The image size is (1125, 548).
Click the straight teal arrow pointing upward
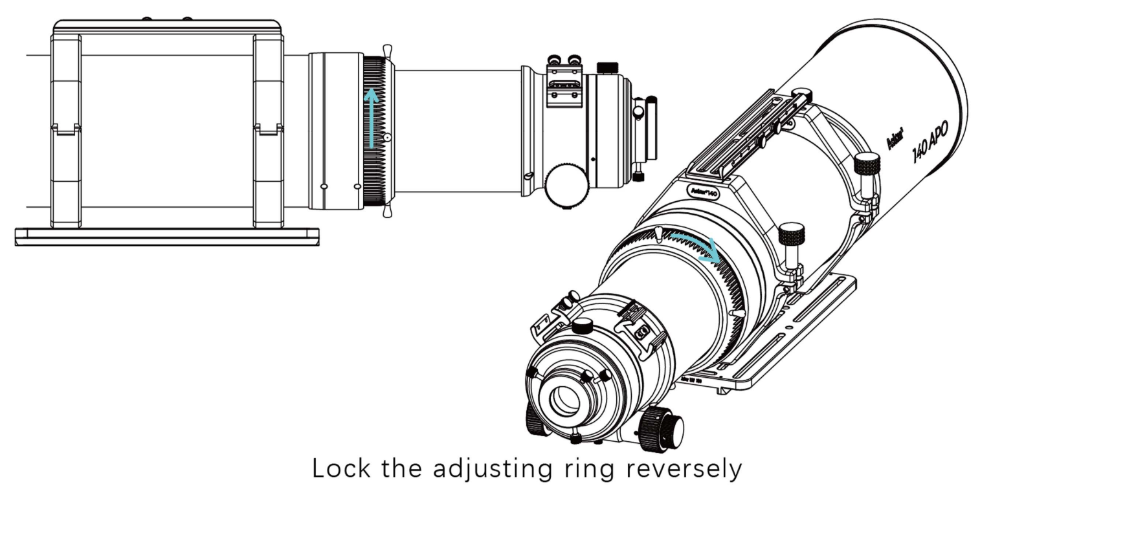click(371, 118)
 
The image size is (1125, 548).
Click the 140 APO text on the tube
click(930, 142)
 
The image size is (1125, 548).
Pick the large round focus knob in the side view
click(566, 185)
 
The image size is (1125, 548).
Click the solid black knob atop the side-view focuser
click(607, 67)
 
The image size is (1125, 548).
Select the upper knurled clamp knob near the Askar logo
click(867, 164)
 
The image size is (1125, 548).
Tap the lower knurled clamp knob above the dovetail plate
click(791, 233)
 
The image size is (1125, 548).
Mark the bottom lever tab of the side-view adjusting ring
click(387, 211)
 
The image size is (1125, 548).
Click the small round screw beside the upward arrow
click(386, 137)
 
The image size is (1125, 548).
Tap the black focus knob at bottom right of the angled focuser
click(662, 430)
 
